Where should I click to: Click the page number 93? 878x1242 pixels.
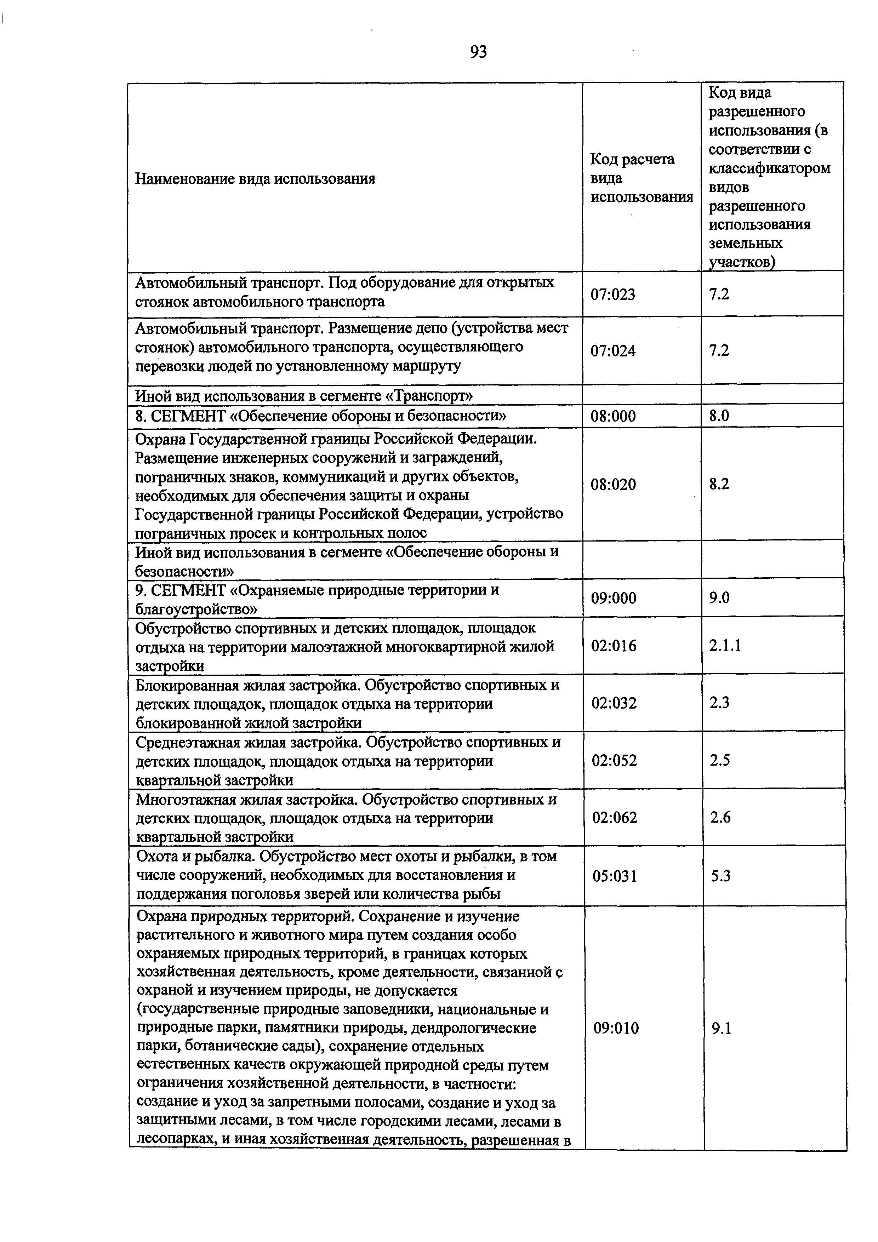tap(478, 52)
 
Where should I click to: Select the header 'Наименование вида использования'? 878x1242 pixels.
tap(255, 178)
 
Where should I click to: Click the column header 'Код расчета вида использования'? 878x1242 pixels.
tap(641, 178)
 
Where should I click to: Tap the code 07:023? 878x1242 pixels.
tap(612, 295)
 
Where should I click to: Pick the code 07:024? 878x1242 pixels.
tap(613, 351)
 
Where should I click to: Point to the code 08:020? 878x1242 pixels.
tap(613, 484)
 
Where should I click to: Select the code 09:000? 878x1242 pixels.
tap(614, 598)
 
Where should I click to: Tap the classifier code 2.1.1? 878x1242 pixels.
tap(725, 645)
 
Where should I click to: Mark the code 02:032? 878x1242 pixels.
tap(614, 703)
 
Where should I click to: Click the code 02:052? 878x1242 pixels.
tap(615, 761)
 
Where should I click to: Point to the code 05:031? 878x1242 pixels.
tap(615, 876)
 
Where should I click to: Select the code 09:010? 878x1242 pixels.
tap(616, 1028)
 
